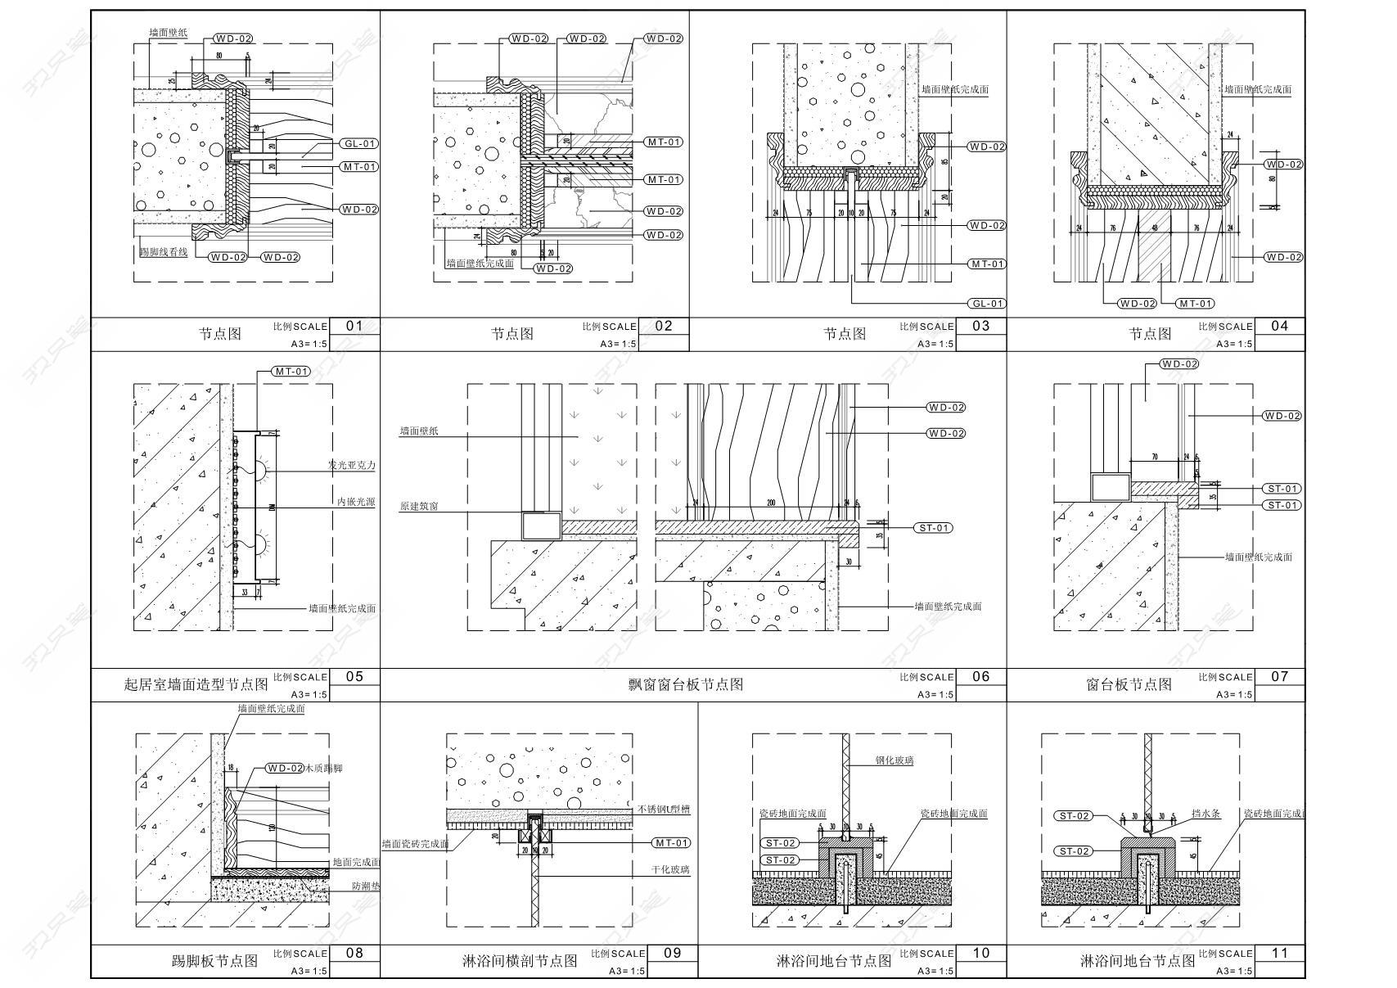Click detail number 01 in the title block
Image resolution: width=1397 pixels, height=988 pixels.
click(x=354, y=326)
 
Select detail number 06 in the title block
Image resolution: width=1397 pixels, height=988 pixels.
click(x=980, y=676)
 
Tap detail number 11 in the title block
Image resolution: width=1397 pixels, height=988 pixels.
click(x=1280, y=953)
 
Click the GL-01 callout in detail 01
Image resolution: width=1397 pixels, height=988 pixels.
click(x=359, y=143)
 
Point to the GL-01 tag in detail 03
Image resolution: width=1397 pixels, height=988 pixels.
click(x=986, y=303)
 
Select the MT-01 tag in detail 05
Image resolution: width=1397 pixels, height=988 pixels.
click(x=291, y=371)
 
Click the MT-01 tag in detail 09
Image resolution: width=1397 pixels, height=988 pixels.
click(x=671, y=842)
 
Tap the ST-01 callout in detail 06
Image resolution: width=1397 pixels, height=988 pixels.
click(x=933, y=528)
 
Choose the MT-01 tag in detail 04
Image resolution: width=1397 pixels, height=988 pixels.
click(x=1195, y=304)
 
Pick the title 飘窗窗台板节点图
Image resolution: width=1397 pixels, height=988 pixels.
click(x=680, y=684)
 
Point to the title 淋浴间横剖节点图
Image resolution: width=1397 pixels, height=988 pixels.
click(x=520, y=961)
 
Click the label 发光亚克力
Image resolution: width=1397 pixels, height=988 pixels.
click(x=351, y=466)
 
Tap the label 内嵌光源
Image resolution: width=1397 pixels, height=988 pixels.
click(x=356, y=502)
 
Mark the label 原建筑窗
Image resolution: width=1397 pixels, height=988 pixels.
click(x=419, y=506)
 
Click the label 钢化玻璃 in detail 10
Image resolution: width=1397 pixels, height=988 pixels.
click(x=894, y=760)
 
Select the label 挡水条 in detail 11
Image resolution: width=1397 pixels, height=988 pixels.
click(x=1205, y=814)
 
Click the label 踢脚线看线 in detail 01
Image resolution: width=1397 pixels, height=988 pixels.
click(x=163, y=252)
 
